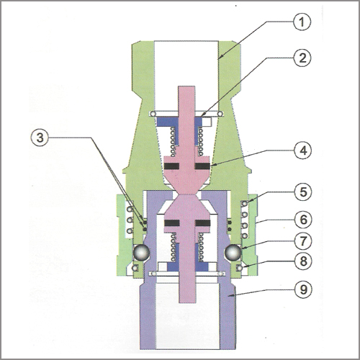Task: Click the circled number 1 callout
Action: tap(302, 22)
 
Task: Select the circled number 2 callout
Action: tap(302, 58)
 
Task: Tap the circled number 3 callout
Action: tap(40, 138)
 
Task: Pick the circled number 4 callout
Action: tap(303, 150)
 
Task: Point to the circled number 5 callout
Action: tap(303, 192)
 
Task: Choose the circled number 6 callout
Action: tap(304, 220)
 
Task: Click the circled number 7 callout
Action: tap(303, 240)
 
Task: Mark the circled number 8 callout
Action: tap(304, 261)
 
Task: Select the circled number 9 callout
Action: tap(303, 289)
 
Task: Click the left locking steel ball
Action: tap(142, 252)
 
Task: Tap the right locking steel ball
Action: tap(233, 252)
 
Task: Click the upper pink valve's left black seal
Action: tap(172, 166)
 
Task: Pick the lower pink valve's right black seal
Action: tap(203, 223)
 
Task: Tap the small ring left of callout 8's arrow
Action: tap(239, 268)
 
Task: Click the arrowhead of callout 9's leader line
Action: tap(229, 297)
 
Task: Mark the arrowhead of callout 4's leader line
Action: tap(212, 165)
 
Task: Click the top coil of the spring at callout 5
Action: tap(245, 204)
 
